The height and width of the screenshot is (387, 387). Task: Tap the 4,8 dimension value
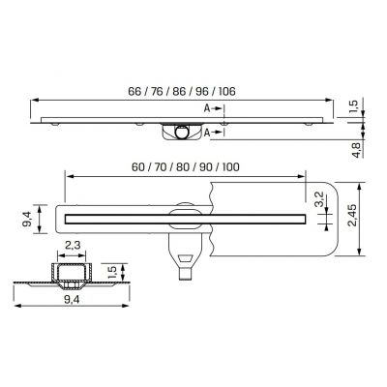356,146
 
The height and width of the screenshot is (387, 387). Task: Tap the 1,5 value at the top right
356,104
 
